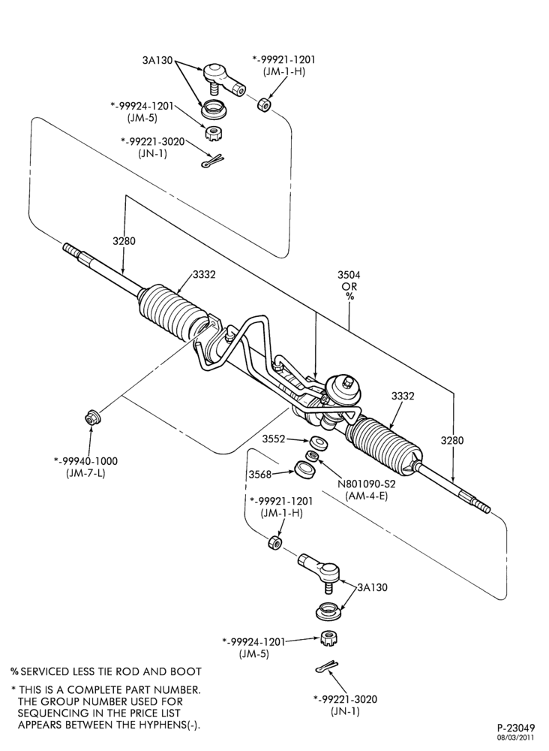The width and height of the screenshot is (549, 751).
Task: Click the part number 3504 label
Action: click(x=349, y=275)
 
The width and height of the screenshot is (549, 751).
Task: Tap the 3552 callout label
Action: click(x=274, y=439)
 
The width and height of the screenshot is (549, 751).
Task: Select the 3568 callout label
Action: click(x=260, y=474)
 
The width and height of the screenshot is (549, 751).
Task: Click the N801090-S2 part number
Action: click(x=366, y=484)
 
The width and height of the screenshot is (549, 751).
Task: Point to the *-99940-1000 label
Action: click(x=85, y=461)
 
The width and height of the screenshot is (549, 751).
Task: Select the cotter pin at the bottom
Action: click(x=328, y=666)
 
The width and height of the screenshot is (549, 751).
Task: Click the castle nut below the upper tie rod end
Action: click(x=211, y=133)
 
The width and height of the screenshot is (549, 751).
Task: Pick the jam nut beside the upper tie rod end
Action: click(x=263, y=104)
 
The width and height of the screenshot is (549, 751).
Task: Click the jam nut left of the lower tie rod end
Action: click(x=274, y=543)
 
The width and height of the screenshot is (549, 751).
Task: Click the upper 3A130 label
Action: click(x=157, y=60)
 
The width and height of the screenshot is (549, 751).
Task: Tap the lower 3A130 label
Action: click(x=373, y=587)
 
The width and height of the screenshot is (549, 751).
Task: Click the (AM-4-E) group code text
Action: click(x=366, y=496)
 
